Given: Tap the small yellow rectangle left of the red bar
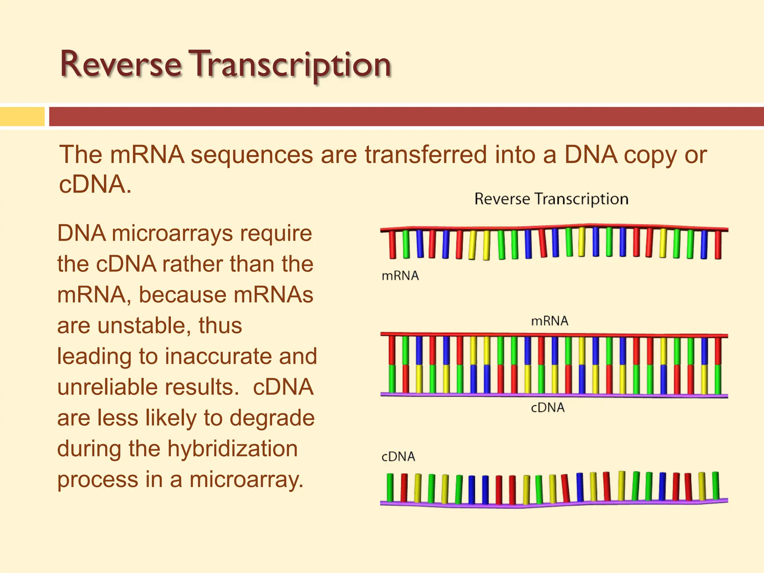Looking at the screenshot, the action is click(22, 116).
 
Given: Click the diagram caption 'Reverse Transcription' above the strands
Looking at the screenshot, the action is click(551, 199).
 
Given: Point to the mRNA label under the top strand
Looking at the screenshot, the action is click(400, 276).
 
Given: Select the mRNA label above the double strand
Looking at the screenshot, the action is click(549, 321).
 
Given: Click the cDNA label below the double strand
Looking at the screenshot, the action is click(547, 407).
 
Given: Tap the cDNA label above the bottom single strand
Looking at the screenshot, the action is click(398, 456).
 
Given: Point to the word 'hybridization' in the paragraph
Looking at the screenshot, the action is click(232, 448).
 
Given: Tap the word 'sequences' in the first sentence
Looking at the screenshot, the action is click(252, 154).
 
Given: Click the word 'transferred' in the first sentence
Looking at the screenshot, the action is click(426, 154).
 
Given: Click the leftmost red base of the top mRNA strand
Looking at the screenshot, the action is click(392, 244).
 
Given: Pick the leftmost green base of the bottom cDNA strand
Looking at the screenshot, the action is click(390, 487).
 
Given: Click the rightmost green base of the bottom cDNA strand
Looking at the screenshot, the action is click(716, 485).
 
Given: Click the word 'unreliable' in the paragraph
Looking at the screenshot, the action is click(129, 387).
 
